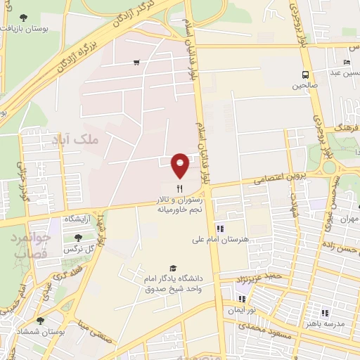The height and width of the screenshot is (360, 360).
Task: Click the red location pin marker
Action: point(180,165)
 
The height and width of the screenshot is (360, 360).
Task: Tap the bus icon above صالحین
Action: point(305,75)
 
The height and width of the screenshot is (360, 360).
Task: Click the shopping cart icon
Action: point(136,62)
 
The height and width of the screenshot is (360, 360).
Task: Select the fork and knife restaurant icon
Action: point(180,188)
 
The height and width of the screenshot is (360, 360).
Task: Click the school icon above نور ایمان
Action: point(242,298)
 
